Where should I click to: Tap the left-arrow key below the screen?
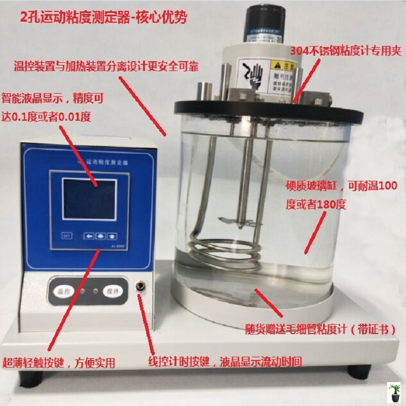89,236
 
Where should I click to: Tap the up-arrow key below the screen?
113,236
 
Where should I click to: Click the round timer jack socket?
141,285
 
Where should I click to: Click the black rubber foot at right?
358,371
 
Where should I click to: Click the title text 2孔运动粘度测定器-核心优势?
103,17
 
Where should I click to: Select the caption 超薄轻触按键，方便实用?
59,362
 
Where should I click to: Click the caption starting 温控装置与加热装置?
106,67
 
